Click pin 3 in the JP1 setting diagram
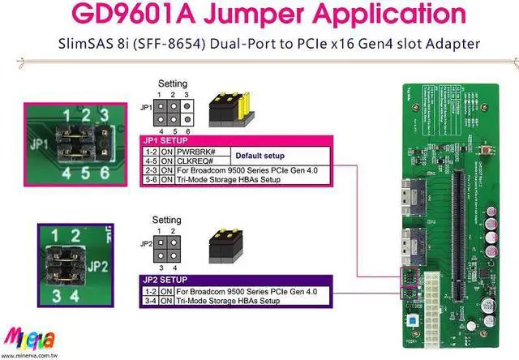tap(185, 105)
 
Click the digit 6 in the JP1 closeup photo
tap(103, 172)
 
